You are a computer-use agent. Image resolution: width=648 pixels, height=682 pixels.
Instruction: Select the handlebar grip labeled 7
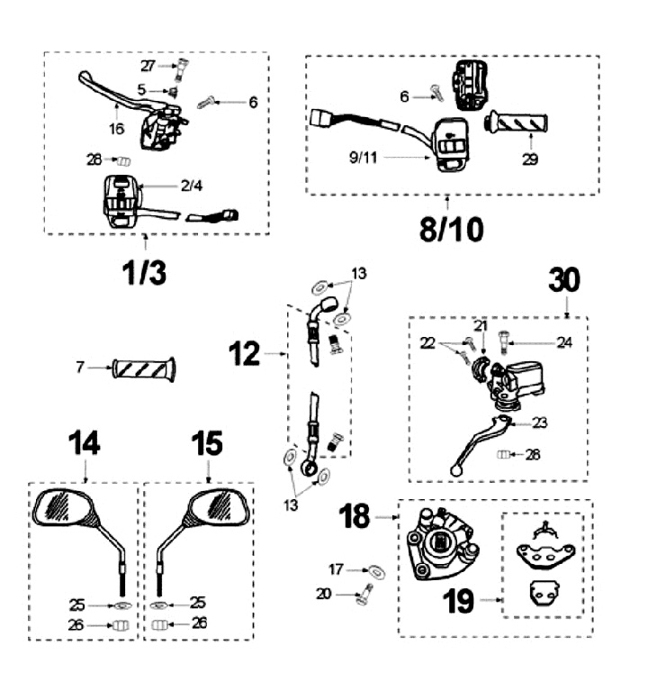coord(144,368)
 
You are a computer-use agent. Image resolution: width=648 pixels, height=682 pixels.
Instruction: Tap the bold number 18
coord(357,517)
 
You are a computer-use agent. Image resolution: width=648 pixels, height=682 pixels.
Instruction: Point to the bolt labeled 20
coord(364,596)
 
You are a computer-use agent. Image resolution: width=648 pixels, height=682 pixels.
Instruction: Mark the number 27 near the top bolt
coord(148,65)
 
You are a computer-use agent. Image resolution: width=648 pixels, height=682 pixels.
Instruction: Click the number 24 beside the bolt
coord(563,342)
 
